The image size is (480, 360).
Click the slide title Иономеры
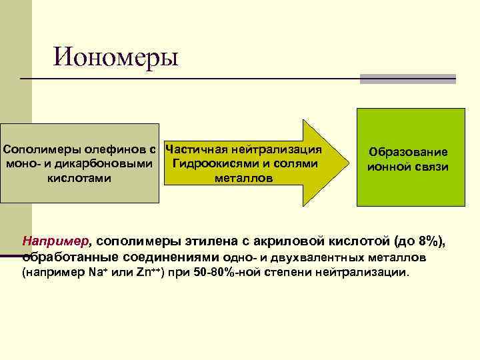click(117, 57)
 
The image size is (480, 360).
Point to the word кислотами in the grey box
click(79, 178)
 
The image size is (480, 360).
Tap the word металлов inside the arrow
click(243, 179)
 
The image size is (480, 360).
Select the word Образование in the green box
click(408, 152)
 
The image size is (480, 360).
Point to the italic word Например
click(53, 241)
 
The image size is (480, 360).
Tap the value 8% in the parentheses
click(429, 241)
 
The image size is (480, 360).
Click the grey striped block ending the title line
click(407, 79)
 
